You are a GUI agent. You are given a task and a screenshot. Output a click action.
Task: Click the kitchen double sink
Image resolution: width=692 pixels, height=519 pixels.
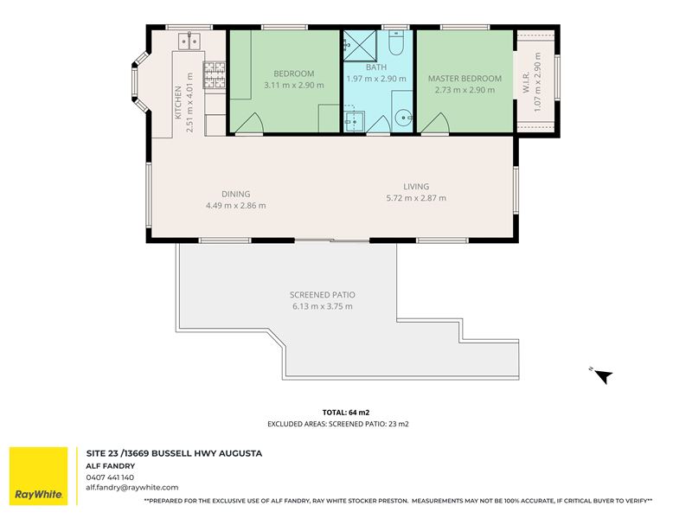click(x=189, y=41)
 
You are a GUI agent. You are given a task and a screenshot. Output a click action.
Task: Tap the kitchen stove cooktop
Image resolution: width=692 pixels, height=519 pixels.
click(x=214, y=74)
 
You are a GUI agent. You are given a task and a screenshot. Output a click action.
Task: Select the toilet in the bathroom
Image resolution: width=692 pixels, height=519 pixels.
click(x=396, y=42)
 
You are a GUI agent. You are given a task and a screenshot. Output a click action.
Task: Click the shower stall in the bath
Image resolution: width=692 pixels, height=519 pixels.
click(x=360, y=46)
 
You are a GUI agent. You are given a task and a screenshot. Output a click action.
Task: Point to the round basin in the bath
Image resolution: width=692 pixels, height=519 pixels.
click(x=403, y=118)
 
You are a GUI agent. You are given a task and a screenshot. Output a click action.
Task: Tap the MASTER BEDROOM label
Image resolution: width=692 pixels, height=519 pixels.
click(x=465, y=79)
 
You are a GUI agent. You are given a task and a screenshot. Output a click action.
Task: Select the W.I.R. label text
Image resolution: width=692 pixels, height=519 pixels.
click(x=526, y=82)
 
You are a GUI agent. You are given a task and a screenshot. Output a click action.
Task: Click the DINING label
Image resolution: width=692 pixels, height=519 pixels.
click(x=235, y=194)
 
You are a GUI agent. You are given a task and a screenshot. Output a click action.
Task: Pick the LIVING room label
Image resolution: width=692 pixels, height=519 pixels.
click(x=416, y=186)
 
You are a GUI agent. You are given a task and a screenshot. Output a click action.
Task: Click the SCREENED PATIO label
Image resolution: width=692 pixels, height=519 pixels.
click(x=322, y=295)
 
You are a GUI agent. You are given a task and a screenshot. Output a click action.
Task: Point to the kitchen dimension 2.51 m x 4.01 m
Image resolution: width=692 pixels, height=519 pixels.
click(x=189, y=102)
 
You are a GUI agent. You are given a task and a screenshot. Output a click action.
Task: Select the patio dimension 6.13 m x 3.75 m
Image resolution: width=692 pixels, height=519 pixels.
click(x=322, y=306)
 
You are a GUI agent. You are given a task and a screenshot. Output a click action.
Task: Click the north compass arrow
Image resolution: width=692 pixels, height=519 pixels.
click(x=603, y=376)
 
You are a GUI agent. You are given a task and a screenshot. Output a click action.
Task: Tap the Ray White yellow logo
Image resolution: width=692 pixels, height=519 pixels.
click(x=39, y=476)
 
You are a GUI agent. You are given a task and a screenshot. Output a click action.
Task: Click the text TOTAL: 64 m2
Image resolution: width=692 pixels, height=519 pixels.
click(x=346, y=413)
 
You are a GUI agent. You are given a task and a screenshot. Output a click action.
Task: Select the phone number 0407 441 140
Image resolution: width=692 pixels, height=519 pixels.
click(x=110, y=477)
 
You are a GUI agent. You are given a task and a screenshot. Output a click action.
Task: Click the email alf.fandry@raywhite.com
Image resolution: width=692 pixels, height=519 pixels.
click(x=132, y=488)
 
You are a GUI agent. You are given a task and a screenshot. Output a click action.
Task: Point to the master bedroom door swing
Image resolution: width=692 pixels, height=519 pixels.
click(x=436, y=123)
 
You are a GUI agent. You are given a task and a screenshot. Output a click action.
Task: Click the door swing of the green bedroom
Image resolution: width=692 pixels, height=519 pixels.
click(x=249, y=123)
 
